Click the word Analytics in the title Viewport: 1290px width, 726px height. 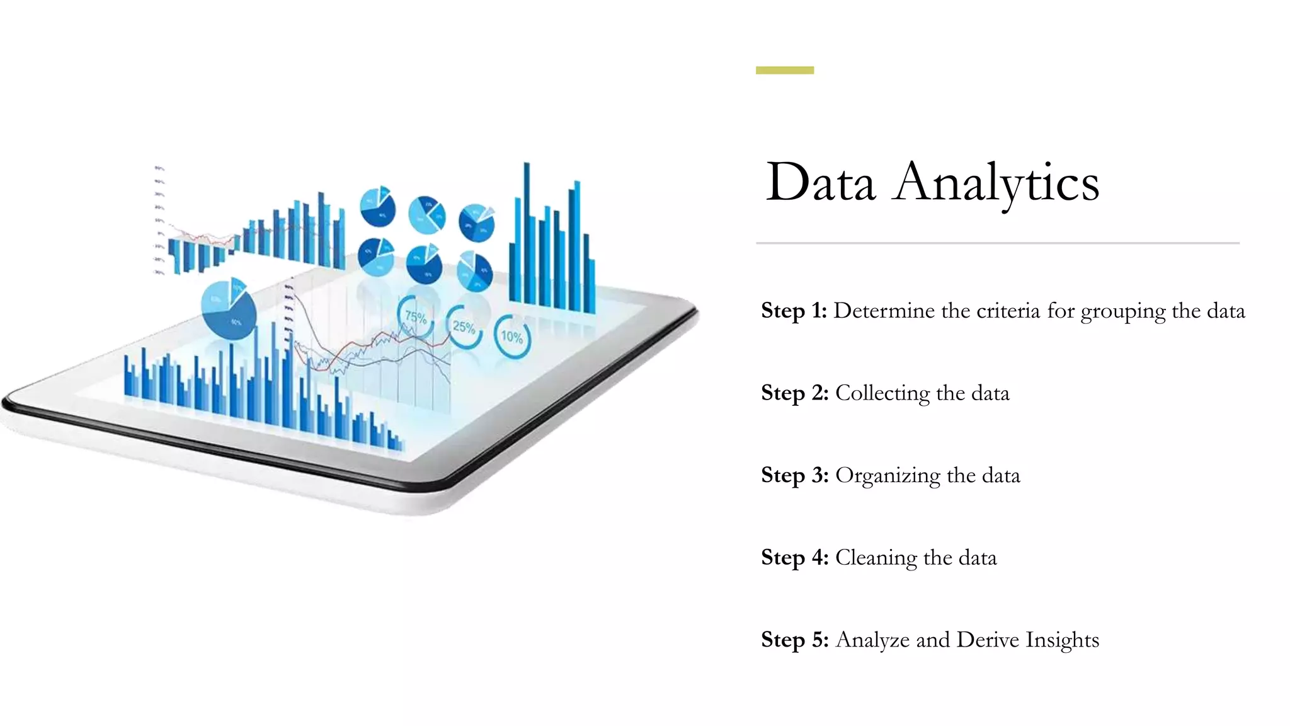995,183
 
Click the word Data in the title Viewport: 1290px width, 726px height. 820,183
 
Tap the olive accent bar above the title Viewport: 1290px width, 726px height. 784,70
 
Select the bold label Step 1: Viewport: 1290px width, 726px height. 794,311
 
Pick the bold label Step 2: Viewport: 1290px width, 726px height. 794,393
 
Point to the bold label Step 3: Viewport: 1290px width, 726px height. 794,475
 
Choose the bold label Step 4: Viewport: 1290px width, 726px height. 794,558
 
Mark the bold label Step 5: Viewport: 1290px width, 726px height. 794,640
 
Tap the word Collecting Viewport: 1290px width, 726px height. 882,393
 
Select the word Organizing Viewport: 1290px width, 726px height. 888,476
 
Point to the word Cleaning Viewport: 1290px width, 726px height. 876,558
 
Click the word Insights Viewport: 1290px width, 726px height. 1062,640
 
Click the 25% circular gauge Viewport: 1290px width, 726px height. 464,327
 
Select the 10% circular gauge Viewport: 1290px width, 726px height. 511,337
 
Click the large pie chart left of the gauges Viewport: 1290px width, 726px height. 229,307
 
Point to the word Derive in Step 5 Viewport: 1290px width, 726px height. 988,640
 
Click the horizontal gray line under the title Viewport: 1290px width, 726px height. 997,243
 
